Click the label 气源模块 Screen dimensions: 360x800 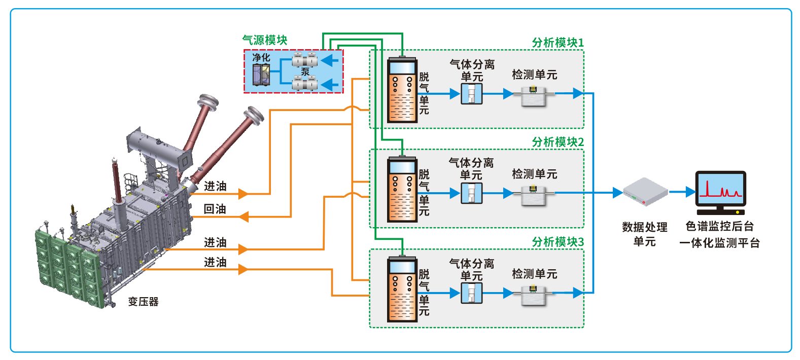(265, 40)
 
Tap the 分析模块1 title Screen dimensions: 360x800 (558, 43)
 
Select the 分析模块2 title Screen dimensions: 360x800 (558, 142)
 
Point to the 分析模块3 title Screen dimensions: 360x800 (558, 242)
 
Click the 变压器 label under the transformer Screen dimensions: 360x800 (143, 302)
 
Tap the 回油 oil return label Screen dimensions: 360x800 (215, 209)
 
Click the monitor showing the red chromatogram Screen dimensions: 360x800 (720, 190)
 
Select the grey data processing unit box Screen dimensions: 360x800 (645, 192)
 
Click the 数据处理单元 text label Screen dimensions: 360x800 (644, 234)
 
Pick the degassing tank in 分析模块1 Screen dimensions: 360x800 (402, 91)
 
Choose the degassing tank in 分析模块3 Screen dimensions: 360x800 (402, 291)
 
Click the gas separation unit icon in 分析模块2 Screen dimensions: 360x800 (471, 193)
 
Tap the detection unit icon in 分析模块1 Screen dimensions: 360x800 (533, 95)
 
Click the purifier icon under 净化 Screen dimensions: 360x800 (261, 75)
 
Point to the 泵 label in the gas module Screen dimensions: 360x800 (305, 71)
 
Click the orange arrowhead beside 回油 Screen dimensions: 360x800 (244, 217)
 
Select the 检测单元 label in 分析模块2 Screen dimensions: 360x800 (534, 174)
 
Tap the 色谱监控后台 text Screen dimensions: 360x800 (719, 226)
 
